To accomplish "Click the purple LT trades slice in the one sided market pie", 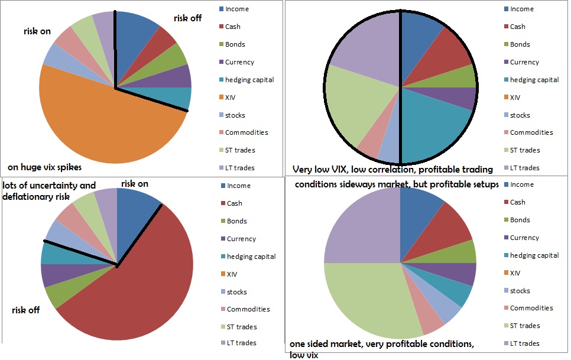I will tap(361, 225).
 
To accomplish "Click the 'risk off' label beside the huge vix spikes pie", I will tap(187, 18).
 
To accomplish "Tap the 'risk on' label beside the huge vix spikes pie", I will tap(37, 31).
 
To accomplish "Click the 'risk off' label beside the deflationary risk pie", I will tap(26, 310).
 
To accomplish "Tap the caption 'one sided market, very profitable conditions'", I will tap(381, 345).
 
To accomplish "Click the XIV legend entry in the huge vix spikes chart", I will tap(228, 98).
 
